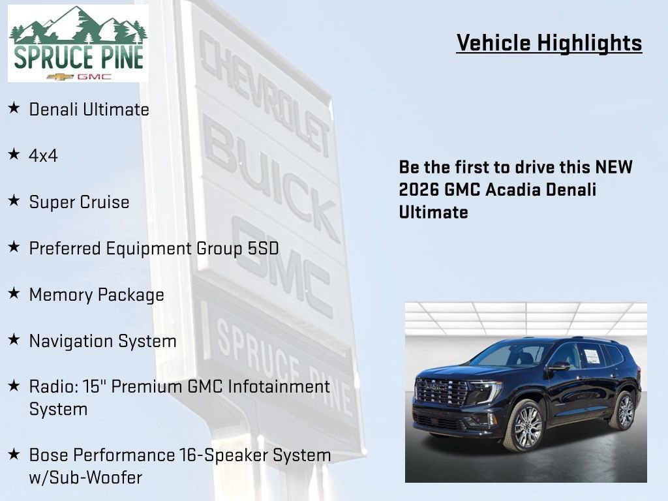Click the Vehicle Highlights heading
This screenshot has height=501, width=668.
point(549,43)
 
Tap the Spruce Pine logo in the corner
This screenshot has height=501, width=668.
point(78,44)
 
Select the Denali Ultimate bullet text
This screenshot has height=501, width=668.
point(89,110)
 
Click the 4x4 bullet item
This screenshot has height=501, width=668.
point(44,156)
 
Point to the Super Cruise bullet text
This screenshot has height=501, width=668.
point(79,202)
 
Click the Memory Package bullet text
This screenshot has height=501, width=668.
point(97,295)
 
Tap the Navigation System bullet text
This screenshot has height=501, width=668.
point(102,341)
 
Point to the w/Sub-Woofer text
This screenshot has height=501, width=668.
point(85,478)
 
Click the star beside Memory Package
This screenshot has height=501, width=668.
point(14,294)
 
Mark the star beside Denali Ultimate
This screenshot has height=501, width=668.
point(14,108)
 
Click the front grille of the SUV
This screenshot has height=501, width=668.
point(441,391)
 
